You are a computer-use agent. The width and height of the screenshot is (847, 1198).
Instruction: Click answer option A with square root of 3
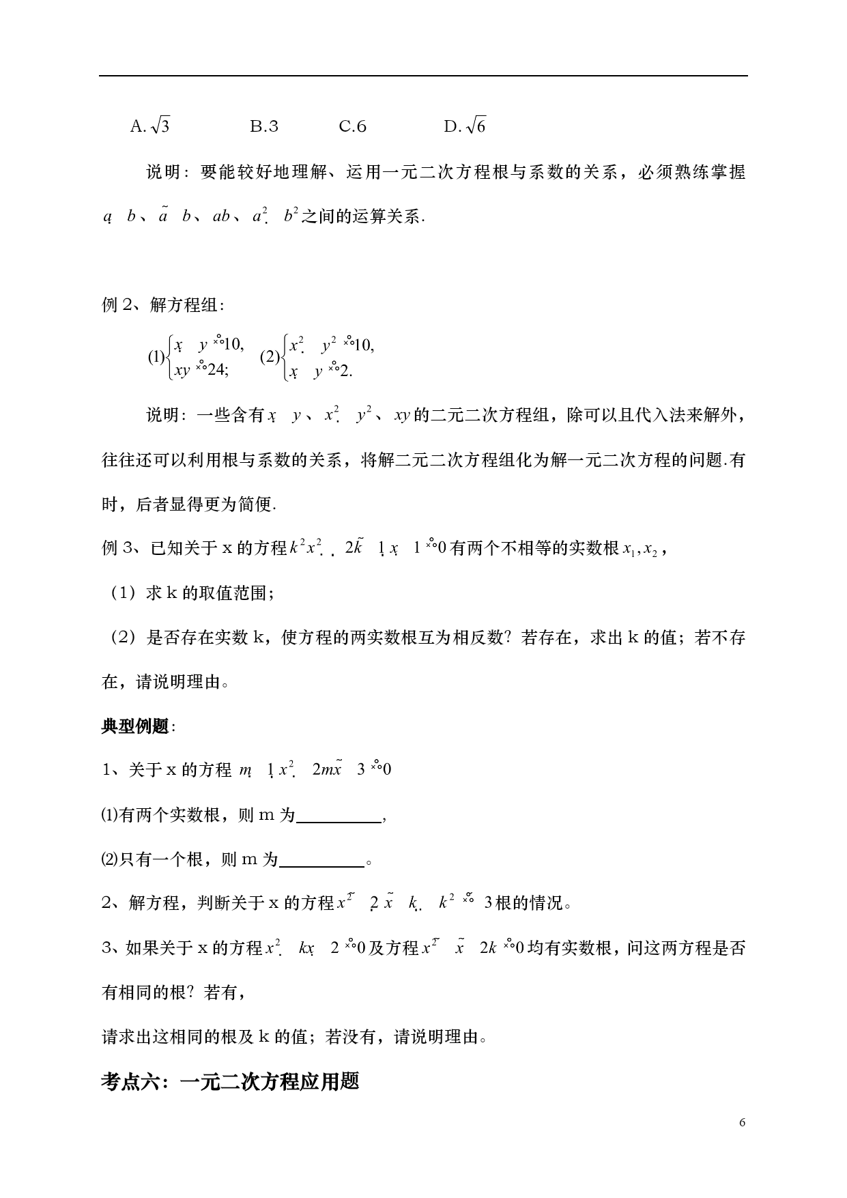pos(149,126)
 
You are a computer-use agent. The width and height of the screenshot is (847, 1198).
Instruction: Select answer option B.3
pos(264,126)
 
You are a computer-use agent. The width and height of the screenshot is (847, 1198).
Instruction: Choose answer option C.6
pos(353,126)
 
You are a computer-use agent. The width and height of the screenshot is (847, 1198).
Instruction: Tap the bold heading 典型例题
pos(135,726)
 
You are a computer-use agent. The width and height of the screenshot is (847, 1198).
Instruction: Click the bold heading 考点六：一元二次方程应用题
pos(230,1082)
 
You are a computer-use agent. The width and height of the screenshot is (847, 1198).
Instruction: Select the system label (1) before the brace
pos(156,357)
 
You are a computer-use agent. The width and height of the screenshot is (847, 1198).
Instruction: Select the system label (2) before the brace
pos(270,357)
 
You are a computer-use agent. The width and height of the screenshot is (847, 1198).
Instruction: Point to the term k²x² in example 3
pos(305,547)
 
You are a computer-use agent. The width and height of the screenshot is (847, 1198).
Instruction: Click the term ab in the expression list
pos(221,217)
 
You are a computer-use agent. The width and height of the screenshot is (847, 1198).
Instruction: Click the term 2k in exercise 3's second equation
pos(488,948)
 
